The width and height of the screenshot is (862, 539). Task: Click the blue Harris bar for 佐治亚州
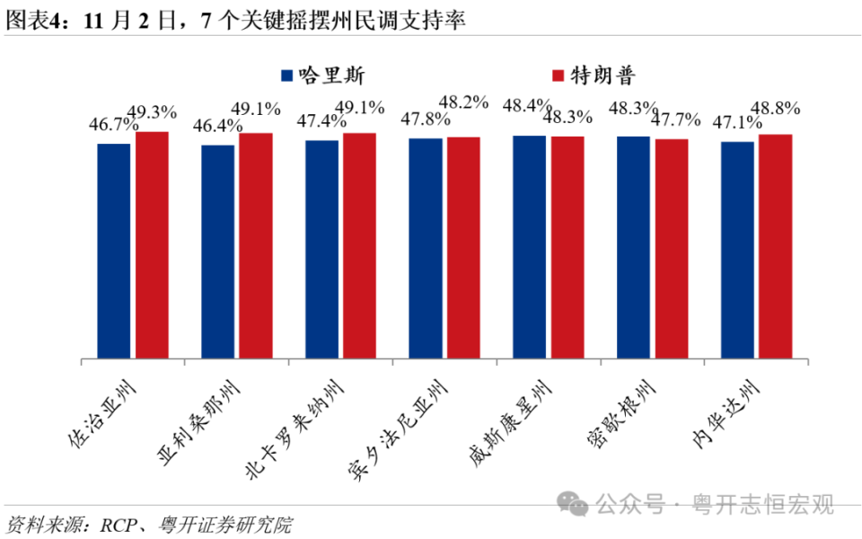coord(114,252)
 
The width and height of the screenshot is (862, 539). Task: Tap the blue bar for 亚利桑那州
coord(218,252)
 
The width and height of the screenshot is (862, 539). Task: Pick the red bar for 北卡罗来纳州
coord(359,246)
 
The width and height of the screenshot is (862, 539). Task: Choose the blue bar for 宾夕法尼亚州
coord(426,249)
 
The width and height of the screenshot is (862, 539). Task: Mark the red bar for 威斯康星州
coord(567,248)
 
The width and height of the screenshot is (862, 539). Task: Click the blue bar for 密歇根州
coord(633,248)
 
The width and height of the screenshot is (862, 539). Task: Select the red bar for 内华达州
coord(775,247)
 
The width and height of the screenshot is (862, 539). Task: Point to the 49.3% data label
coord(152,112)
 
